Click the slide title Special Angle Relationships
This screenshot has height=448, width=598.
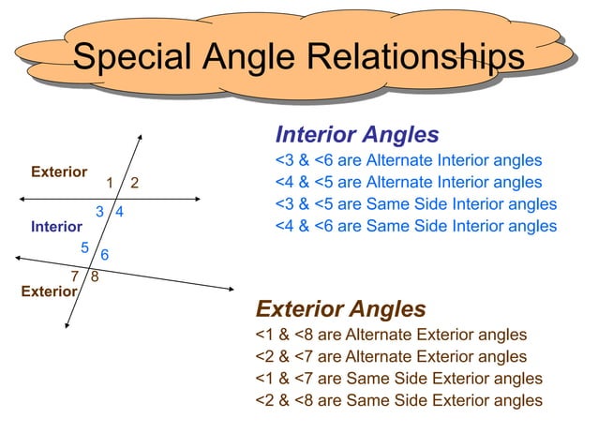tap(298, 58)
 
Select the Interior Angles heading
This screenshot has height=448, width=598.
tap(357, 134)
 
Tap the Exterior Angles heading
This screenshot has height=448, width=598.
tap(340, 309)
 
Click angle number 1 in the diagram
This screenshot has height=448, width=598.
tap(110, 182)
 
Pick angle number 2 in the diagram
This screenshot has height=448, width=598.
tap(135, 182)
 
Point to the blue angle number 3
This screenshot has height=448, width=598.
tap(99, 212)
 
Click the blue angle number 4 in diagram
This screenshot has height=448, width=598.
tap(121, 213)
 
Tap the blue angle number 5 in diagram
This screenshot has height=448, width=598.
tap(84, 247)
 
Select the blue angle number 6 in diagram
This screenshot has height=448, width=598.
tap(104, 255)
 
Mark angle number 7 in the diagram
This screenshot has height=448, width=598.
tap(76, 276)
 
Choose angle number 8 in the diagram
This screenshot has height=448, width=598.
tap(96, 276)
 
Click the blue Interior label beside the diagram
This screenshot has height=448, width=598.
tap(56, 227)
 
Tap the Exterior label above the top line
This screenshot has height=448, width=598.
tap(59, 172)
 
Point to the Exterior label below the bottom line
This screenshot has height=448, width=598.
tap(49, 291)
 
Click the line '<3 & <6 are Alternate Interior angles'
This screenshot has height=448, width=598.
tap(408, 160)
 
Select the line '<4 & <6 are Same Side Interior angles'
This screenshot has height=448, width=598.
tap(415, 226)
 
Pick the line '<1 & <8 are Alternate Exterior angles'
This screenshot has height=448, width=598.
tap(391, 335)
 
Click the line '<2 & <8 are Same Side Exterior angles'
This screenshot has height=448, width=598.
tap(398, 400)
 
